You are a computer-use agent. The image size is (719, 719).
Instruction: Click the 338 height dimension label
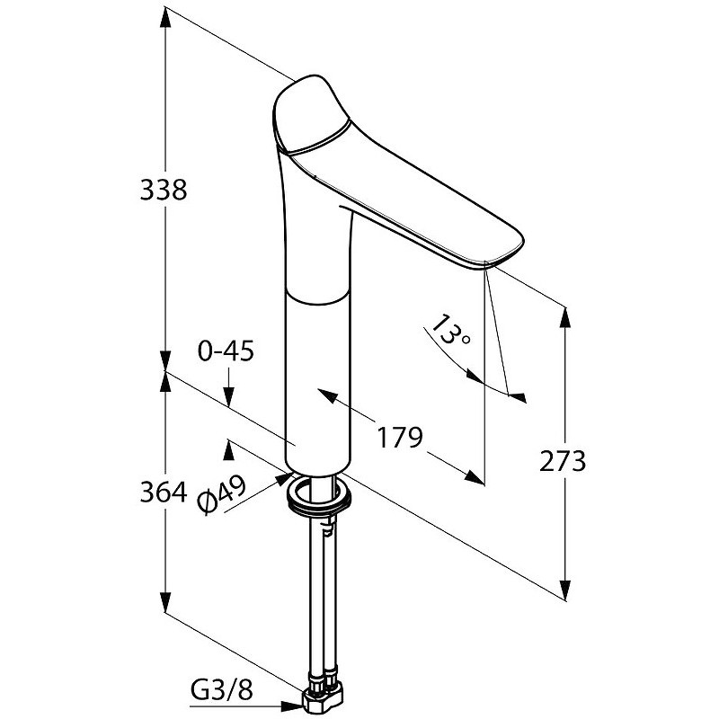164,190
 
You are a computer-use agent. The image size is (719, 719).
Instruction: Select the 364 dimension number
164,493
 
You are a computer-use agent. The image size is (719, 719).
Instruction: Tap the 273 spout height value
563,461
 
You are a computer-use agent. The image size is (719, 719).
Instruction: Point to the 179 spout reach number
399,438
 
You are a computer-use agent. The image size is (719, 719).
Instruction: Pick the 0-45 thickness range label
226,351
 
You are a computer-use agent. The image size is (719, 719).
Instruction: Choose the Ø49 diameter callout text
222,494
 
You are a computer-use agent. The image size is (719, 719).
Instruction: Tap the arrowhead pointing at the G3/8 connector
293,706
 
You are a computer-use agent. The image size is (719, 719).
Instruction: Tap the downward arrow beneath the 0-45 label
228,394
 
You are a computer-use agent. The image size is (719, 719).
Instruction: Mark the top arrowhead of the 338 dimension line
165,17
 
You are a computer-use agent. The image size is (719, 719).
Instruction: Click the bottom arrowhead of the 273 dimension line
566,589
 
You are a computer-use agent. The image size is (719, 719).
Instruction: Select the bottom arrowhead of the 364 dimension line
165,600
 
